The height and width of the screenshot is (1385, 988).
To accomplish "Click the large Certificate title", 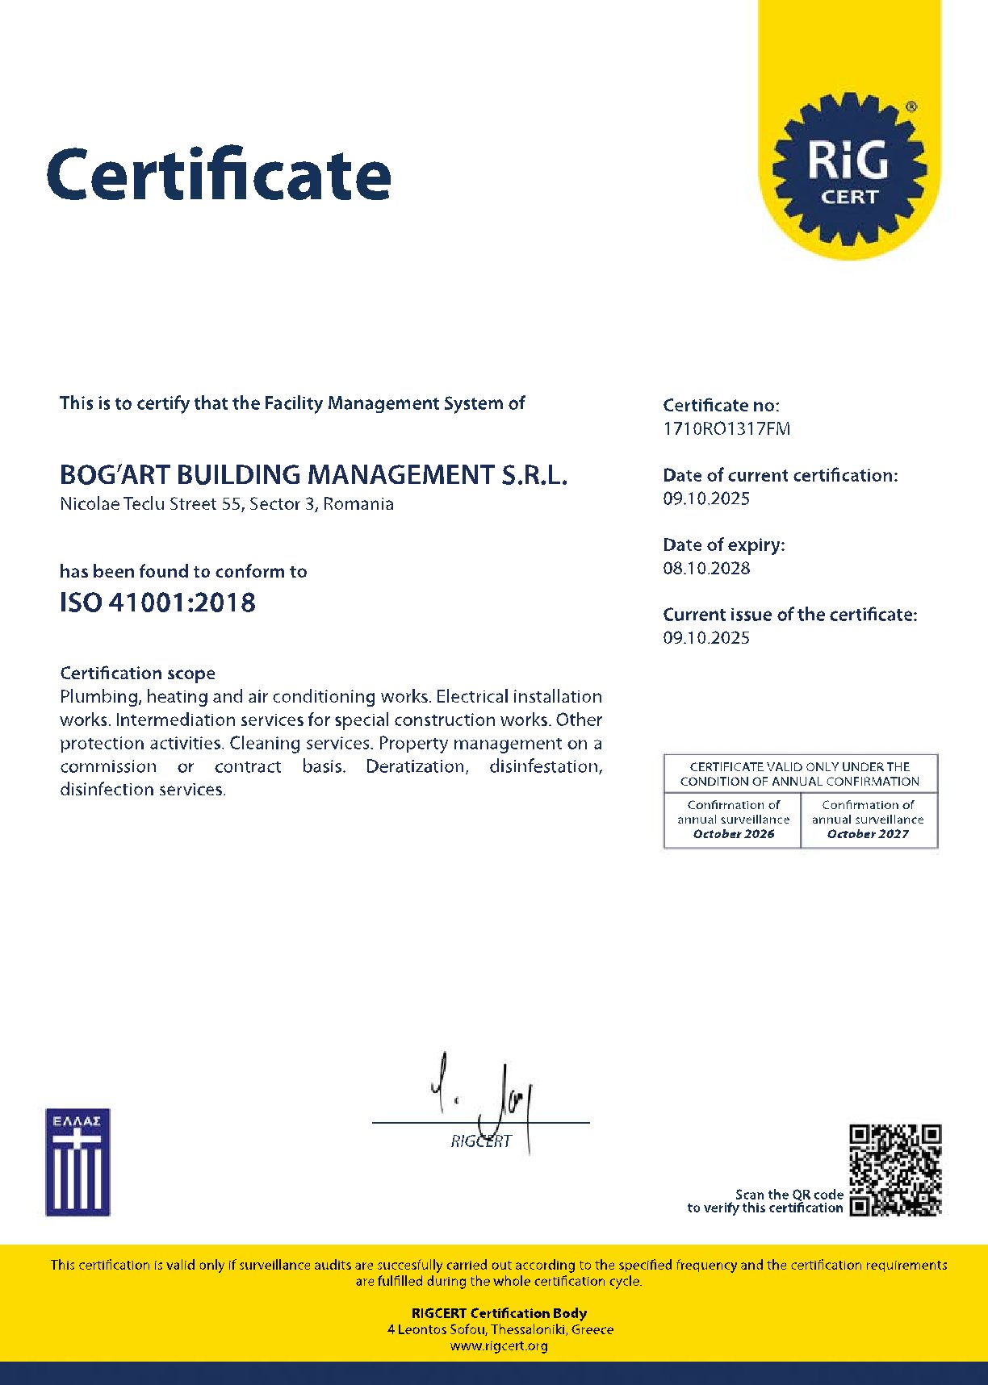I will point(219,174).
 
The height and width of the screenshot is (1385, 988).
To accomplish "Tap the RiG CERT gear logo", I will point(849,169).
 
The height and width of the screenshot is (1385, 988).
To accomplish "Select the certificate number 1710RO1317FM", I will point(726,429).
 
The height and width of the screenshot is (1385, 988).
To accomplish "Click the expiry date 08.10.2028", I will point(706,569).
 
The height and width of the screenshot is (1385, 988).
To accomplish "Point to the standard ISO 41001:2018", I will point(157,603).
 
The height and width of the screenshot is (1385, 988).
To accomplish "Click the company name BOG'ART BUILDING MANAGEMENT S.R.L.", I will point(313,474).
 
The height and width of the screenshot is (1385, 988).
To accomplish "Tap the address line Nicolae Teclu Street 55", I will point(227,504).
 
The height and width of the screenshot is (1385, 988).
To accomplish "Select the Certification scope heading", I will point(137,674).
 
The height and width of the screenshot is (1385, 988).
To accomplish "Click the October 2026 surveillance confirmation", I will point(733,834).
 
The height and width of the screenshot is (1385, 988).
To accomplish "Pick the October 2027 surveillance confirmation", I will point(868,834).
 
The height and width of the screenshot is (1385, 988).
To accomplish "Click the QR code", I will point(895,1170).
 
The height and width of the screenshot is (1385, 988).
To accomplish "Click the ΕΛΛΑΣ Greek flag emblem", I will point(77,1162).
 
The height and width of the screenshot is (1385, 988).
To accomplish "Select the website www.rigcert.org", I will point(499,1345).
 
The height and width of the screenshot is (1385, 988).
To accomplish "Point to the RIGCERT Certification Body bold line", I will point(499,1313).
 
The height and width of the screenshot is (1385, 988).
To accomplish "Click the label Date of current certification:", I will point(780,476).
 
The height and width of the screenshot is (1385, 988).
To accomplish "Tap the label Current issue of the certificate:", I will point(789,615).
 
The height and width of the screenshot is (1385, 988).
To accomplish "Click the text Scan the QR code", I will point(789,1195).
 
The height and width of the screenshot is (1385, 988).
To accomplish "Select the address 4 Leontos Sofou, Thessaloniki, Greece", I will point(500,1329).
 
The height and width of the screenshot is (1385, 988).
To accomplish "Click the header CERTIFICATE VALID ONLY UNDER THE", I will point(799,766).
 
